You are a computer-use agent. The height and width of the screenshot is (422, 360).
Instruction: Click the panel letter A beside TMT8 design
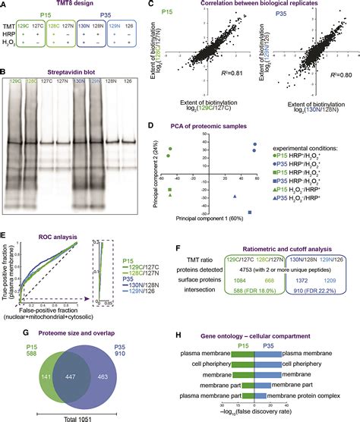pyautogui.click(x=5, y=5)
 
